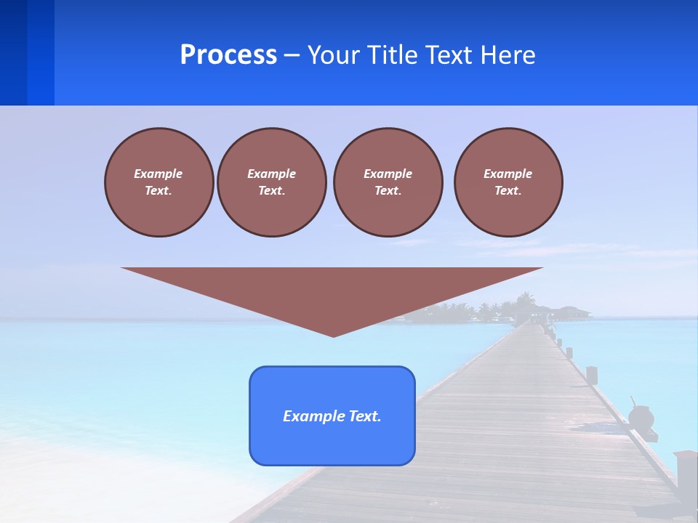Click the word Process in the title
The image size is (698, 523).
tap(228, 55)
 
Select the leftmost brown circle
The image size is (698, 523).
tap(159, 182)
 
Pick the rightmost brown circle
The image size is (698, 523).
tap(508, 182)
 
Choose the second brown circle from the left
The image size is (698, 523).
tap(272, 182)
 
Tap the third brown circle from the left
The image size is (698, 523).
tap(388, 182)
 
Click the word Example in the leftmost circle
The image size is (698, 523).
tap(159, 174)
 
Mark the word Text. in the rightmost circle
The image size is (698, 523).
tap(508, 191)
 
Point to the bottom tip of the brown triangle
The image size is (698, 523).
tap(333, 336)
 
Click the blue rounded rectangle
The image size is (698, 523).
tap(332, 443)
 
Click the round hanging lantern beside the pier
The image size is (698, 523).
tap(641, 417)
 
